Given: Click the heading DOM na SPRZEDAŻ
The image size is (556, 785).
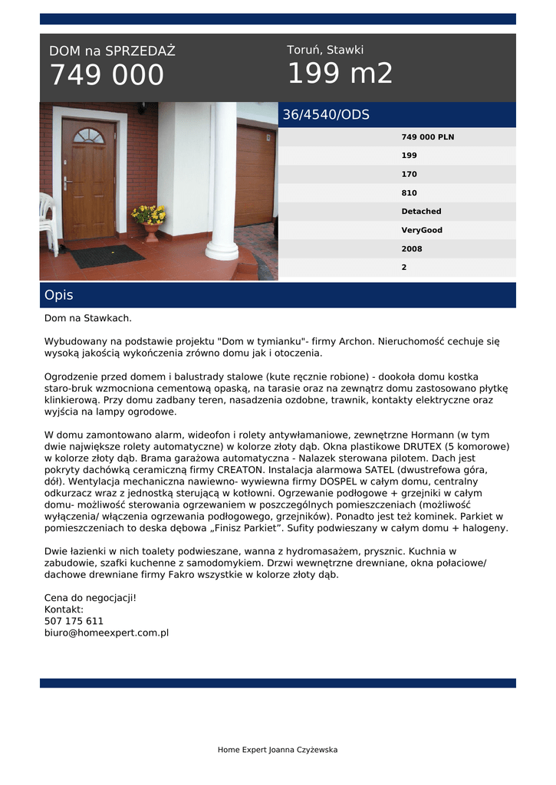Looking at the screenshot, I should point(112,51).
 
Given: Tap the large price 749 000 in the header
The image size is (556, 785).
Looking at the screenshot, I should point(107,75).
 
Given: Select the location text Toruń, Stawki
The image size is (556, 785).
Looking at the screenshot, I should point(325,50).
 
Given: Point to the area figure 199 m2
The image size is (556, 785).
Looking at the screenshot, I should point(340,74).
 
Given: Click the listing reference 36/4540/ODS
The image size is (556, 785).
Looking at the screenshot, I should point(326,115).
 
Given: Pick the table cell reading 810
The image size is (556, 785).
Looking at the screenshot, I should point(409,193).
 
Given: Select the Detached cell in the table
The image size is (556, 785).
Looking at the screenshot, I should point(421,212).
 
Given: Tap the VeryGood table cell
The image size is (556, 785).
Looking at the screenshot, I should point(422,230).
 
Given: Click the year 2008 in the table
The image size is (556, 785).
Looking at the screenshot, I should point(412,249).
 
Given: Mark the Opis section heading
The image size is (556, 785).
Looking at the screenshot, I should point(59,295).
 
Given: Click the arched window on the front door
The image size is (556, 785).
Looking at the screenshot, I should point(88,136).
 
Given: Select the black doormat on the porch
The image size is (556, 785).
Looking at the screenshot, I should point(108,255).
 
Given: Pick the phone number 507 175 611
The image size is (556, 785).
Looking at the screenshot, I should point(74,621).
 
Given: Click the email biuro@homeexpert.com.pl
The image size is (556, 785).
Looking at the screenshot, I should point(106,633).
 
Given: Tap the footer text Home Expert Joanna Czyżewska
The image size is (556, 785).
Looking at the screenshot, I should point(278,750).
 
